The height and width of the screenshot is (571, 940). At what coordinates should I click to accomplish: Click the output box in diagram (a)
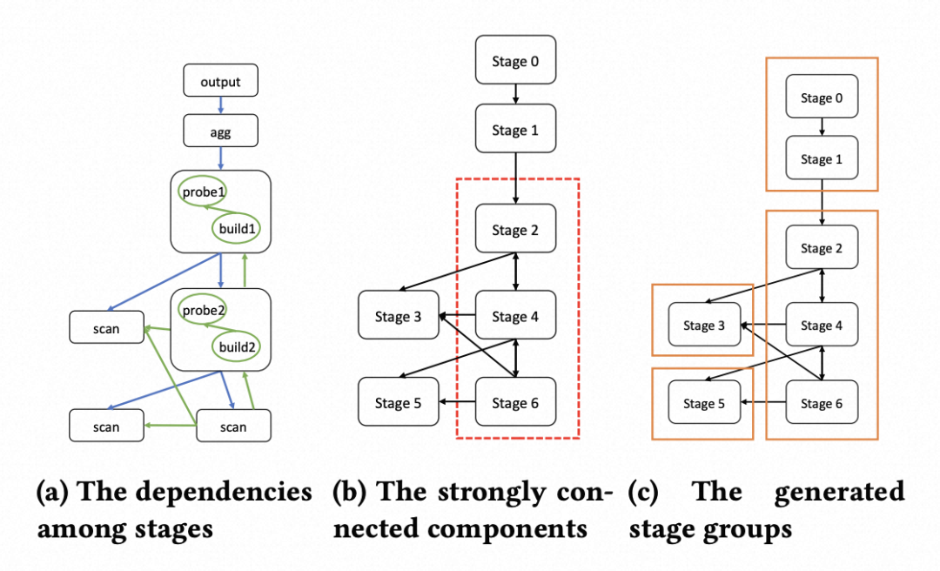click(x=220, y=81)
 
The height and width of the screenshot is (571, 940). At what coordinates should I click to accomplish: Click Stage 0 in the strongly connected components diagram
click(x=514, y=62)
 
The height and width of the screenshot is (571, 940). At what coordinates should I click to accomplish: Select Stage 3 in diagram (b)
click(x=399, y=316)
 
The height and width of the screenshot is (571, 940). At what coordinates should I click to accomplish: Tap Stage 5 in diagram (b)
click(x=399, y=403)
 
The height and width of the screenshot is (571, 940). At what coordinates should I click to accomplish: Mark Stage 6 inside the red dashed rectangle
click(x=514, y=403)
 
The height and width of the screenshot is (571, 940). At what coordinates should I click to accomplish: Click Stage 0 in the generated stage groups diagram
click(x=822, y=97)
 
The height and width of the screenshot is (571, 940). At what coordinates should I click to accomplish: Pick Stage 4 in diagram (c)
click(x=822, y=326)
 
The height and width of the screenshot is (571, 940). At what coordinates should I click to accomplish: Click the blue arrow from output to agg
click(x=220, y=106)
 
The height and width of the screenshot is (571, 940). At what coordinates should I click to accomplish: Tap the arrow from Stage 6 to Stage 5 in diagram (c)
click(x=762, y=403)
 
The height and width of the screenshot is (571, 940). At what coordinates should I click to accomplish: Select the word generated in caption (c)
click(x=839, y=492)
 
